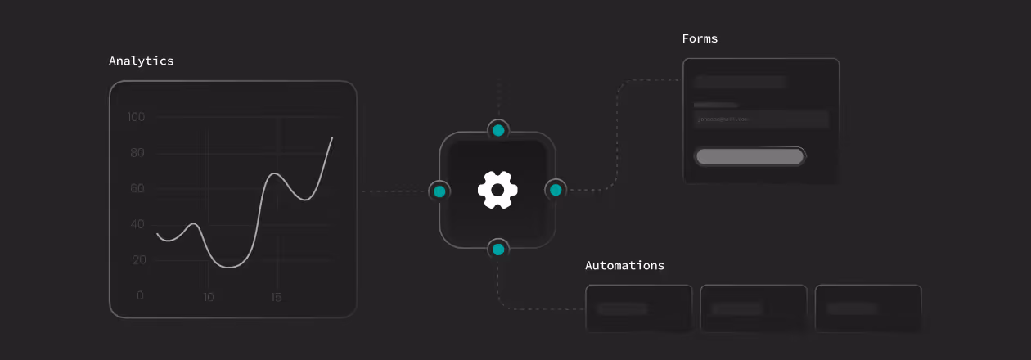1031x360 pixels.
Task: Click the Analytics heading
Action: point(141,61)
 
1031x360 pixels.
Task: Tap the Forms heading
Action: point(700,38)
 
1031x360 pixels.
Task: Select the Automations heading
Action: point(624,265)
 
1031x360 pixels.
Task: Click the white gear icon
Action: point(497,190)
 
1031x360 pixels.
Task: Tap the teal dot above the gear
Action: point(497,130)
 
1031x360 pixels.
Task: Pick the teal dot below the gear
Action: point(497,249)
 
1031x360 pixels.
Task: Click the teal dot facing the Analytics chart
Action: point(439,191)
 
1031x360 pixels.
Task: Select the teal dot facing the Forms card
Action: point(556,190)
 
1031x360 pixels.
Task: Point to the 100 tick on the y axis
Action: point(136,117)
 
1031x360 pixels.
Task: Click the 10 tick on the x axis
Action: point(209,297)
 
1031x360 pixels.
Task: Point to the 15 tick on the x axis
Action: point(277,297)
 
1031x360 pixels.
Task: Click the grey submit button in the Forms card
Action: point(750,156)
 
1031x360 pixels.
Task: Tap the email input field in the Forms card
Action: point(760,119)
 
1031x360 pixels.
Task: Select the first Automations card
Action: point(638,308)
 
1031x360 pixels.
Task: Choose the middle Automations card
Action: point(753,308)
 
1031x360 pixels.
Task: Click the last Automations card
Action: point(867,308)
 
